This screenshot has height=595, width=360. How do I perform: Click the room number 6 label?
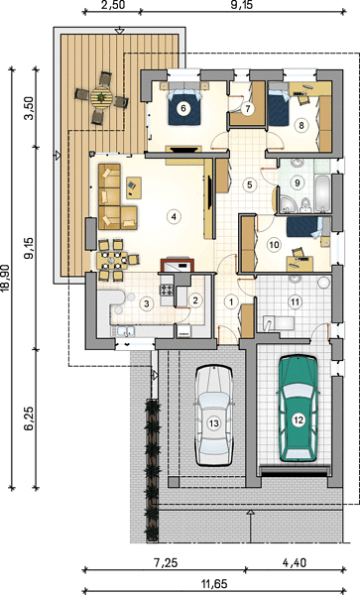tap(183, 108)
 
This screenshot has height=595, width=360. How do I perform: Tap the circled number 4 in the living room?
tap(174, 217)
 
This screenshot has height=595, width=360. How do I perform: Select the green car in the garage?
tap(299, 409)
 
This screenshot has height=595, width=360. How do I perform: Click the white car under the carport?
tap(214, 416)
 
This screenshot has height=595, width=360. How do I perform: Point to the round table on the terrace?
tap(102, 97)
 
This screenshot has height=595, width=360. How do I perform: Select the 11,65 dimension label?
tap(213, 582)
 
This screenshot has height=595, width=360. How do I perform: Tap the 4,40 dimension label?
tap(295, 562)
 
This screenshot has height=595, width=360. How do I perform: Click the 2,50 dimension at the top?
tap(112, 5)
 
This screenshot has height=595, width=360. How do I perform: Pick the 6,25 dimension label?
tap(29, 418)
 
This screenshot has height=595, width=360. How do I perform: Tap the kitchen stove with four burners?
tap(167, 291)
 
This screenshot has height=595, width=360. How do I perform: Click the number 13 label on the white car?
tap(214, 422)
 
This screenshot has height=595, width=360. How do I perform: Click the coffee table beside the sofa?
tap(133, 187)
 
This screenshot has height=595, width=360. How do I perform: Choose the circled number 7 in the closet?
tap(248, 109)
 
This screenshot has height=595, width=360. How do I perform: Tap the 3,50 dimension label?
tap(29, 108)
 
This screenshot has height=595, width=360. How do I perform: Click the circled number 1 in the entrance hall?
tap(230, 302)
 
